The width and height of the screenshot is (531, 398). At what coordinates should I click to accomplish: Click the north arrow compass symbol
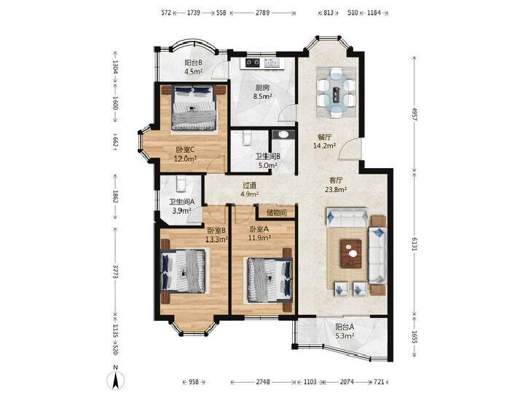[x=116, y=380]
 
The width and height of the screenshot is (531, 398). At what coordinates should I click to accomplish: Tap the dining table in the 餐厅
[x=336, y=92]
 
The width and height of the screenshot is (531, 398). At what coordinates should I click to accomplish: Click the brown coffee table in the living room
[x=351, y=254]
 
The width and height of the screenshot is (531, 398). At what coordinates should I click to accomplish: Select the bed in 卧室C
[x=193, y=108]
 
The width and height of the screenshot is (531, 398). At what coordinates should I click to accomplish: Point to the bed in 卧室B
[x=184, y=271]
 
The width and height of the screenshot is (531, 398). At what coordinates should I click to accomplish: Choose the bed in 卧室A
[x=270, y=280]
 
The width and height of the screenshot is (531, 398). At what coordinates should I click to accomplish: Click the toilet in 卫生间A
[x=181, y=184]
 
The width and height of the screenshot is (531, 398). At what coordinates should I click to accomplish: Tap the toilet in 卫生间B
[x=246, y=138]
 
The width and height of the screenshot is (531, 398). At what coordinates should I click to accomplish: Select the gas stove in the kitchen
[x=252, y=63]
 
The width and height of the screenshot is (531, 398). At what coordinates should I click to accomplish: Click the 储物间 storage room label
[x=277, y=213]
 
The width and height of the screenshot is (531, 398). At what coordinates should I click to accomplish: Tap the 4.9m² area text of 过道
[x=250, y=194]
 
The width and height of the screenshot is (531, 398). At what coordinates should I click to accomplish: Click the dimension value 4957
[x=414, y=114]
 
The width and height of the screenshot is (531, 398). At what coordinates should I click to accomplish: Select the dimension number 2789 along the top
[x=262, y=13]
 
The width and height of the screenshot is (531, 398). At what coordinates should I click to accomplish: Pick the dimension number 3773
[x=115, y=271]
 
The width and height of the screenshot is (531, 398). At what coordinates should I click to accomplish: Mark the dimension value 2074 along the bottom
[x=347, y=382]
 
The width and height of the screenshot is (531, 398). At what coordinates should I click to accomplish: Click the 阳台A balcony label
[x=345, y=327]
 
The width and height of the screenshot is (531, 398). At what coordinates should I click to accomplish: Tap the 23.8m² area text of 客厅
[x=336, y=189]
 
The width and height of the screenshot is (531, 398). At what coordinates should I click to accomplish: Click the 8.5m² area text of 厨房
[x=262, y=96]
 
